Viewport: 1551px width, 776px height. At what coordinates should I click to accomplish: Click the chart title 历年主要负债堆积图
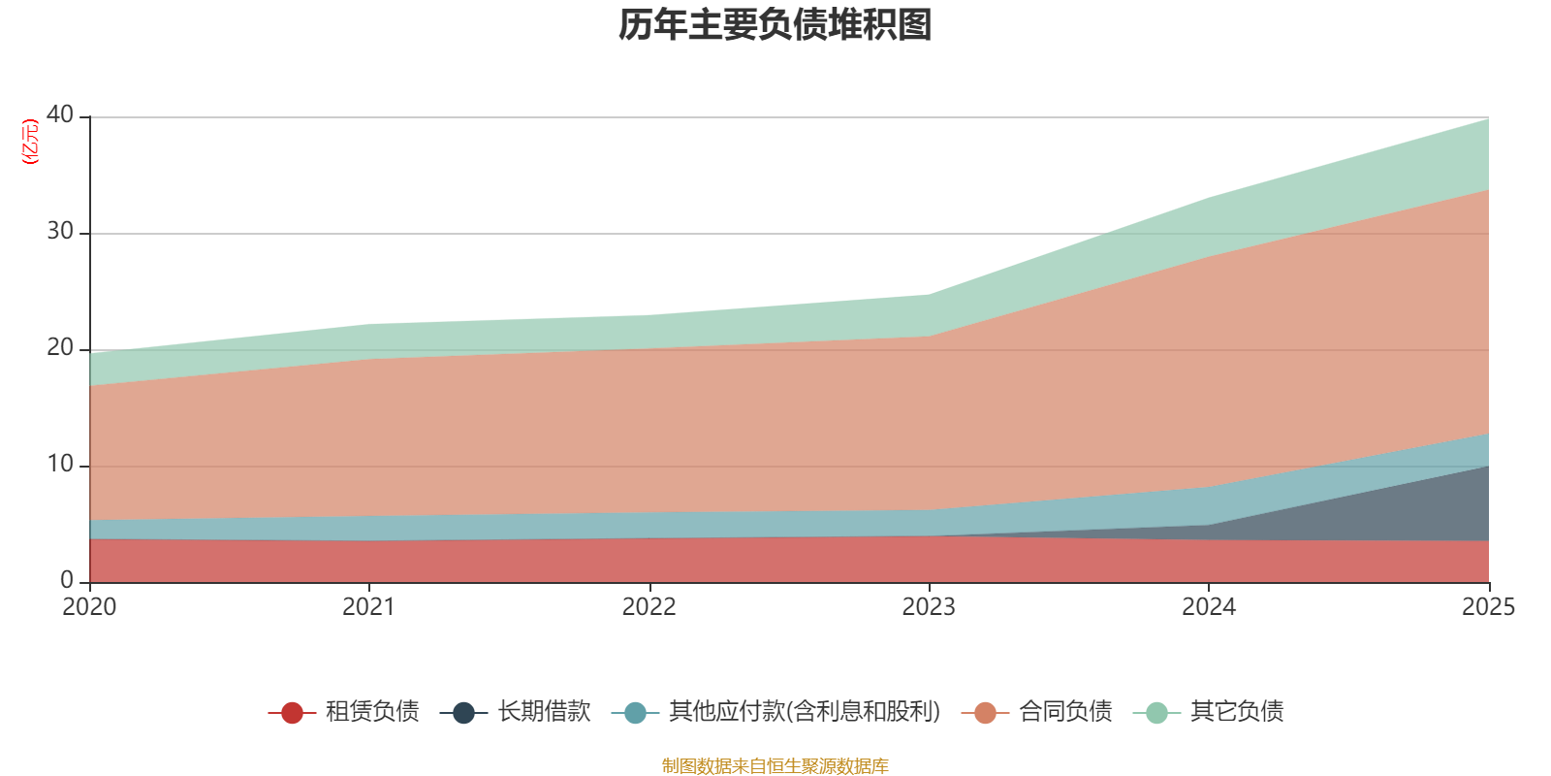(x=775, y=25)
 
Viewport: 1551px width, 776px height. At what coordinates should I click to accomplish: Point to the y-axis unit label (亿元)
(x=30, y=142)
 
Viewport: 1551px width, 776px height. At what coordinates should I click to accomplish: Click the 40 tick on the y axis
(x=60, y=114)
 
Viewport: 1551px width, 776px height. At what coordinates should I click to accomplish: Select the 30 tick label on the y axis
(x=60, y=231)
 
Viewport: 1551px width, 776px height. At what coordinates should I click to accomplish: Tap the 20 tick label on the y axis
(x=60, y=347)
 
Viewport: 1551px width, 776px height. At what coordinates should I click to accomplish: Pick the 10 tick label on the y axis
(x=60, y=464)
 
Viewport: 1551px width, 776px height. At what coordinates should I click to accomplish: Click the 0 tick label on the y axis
(x=67, y=580)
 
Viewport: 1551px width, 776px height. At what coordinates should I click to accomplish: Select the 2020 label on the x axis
(x=89, y=607)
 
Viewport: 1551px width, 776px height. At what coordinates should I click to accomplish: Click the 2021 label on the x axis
(x=368, y=607)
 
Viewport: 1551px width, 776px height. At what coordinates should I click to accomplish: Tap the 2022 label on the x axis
(x=649, y=607)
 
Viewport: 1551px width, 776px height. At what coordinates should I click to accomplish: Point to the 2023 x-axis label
(x=929, y=607)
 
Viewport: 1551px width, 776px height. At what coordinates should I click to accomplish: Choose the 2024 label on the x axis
(x=1208, y=607)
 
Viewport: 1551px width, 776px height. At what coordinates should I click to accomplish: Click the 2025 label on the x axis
(x=1488, y=607)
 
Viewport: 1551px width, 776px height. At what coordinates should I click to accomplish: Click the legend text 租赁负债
(x=372, y=712)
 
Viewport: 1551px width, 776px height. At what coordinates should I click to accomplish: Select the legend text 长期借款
(x=544, y=712)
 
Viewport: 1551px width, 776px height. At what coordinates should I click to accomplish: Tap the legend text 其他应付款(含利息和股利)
(x=805, y=712)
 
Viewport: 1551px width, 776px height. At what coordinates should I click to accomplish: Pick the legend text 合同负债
(x=1065, y=712)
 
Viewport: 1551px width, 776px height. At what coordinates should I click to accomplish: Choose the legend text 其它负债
(x=1237, y=712)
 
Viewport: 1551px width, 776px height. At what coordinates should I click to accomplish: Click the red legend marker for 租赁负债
(x=292, y=713)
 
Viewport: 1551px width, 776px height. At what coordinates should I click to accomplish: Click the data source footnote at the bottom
(x=775, y=766)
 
